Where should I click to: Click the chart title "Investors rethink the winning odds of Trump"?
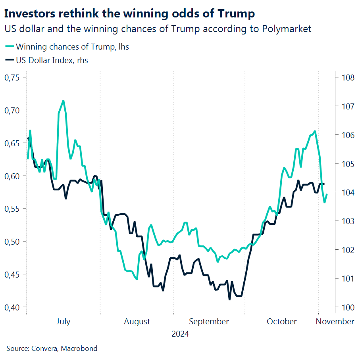coord(129,13)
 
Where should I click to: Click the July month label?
coord(63,322)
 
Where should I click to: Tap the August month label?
coord(137,322)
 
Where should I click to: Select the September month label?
coord(209,322)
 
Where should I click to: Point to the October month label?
coord(281,322)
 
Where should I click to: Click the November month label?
coord(335,322)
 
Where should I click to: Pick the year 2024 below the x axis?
coord(180,334)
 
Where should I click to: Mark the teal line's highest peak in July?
coord(63,101)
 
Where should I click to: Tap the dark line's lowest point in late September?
coord(229,299)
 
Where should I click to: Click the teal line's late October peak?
coord(315,131)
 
